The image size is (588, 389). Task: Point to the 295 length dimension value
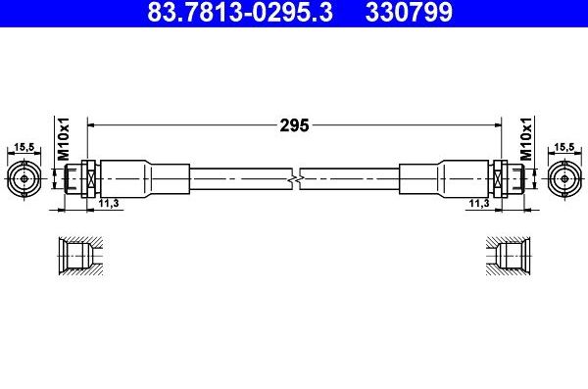pyautogui.click(x=295, y=124)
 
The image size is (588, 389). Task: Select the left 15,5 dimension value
pyautogui.click(x=23, y=147)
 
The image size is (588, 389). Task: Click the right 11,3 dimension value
pyautogui.click(x=479, y=203)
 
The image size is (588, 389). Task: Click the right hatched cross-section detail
pyautogui.click(x=510, y=257)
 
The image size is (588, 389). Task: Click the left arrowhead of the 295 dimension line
pyautogui.click(x=93, y=124)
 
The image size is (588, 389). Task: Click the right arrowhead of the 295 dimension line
pyautogui.click(x=496, y=124)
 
